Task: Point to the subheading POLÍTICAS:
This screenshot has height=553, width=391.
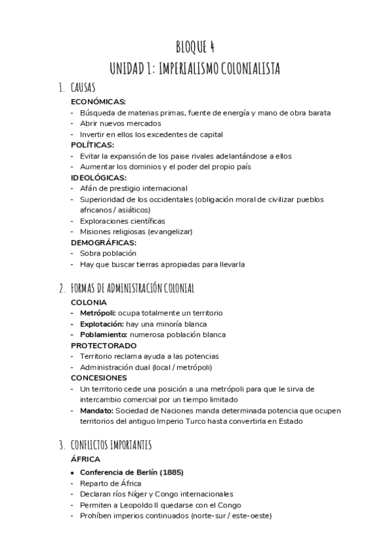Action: click(93, 145)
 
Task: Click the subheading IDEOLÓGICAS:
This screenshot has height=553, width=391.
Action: click(98, 177)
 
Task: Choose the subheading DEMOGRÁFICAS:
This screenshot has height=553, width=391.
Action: click(103, 242)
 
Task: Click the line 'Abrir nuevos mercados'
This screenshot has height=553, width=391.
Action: click(121, 123)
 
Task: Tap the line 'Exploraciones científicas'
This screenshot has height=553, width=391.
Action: click(123, 220)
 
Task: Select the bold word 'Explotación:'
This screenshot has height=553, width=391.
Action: click(102, 324)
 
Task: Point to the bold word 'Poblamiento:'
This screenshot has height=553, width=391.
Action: click(103, 335)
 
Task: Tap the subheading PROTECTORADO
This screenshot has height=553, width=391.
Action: click(104, 345)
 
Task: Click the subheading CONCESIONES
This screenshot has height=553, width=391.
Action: click(99, 378)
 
